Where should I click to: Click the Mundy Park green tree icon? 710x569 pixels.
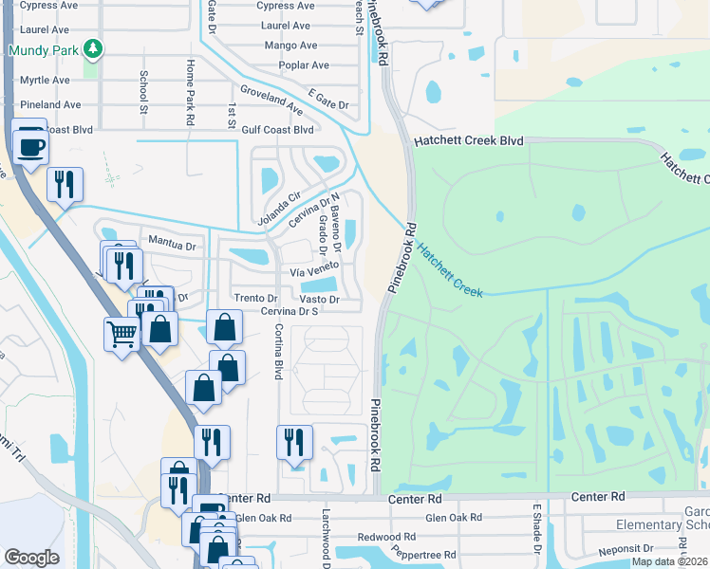(x=92, y=48)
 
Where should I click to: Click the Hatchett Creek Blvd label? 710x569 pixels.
(x=469, y=140)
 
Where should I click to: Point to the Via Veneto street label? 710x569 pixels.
(x=314, y=270)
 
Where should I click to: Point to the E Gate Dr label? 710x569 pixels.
(x=329, y=104)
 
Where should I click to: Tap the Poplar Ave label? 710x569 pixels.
(x=304, y=65)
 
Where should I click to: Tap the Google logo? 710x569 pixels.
(x=31, y=557)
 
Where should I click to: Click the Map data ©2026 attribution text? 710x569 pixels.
(x=669, y=561)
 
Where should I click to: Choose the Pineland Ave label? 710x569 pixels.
(x=51, y=104)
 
